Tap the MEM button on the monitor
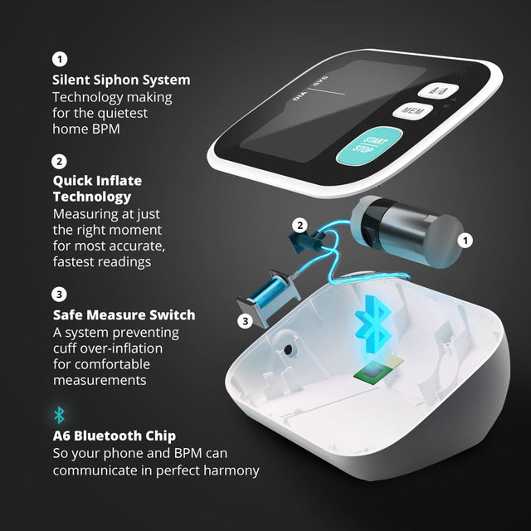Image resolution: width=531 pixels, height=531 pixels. coord(408,110)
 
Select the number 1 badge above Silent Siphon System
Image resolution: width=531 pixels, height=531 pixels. coord(59,59)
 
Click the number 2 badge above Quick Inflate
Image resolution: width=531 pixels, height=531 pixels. coord(59,161)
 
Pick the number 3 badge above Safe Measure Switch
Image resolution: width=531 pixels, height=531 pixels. coord(59,294)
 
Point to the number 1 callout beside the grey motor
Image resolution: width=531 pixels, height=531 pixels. coord(465,240)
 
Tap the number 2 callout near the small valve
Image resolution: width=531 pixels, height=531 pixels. coord(300,224)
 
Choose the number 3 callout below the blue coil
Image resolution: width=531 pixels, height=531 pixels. coord(245,320)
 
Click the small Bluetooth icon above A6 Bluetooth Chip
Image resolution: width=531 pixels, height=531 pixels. coord(59,415)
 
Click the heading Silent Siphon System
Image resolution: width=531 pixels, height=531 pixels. coord(121,80)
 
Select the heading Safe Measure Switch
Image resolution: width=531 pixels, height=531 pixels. coord(124,315)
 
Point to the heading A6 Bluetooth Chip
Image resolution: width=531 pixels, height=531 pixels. coord(114,436)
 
